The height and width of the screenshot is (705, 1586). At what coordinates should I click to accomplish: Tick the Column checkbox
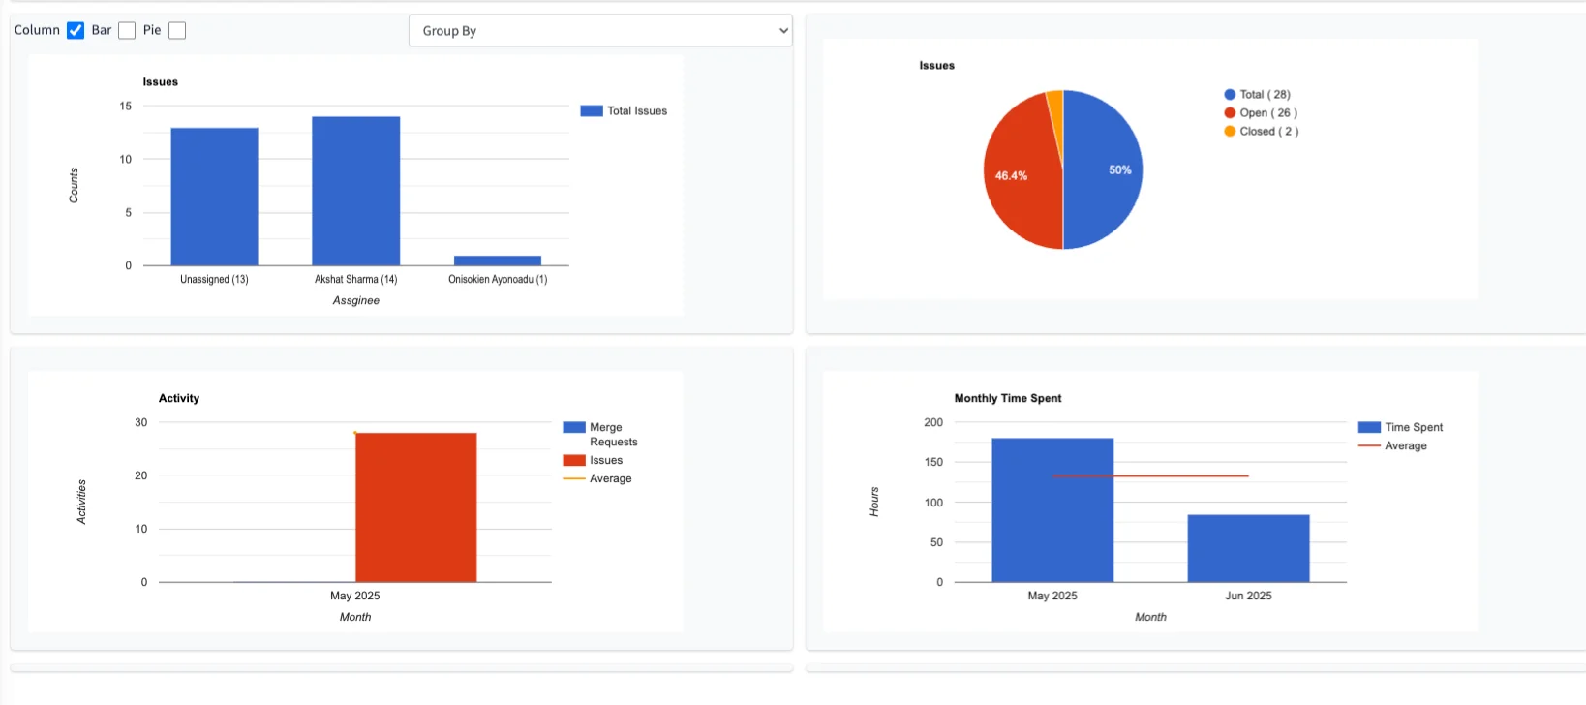pos(76,31)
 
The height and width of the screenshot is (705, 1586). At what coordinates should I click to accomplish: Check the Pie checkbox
pos(177,31)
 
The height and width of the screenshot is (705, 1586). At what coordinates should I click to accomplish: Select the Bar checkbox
pos(127,31)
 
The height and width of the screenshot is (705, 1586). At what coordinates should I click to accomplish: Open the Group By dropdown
pos(600,31)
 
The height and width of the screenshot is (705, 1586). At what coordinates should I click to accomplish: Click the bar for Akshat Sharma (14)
pos(355,191)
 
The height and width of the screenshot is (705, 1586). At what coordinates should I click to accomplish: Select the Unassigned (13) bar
pos(214,197)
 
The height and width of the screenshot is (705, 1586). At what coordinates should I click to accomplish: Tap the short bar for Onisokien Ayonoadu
pos(498,261)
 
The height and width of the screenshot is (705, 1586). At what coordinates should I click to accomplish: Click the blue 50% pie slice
pos(1104,169)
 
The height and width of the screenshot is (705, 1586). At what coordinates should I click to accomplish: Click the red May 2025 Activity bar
pos(415,507)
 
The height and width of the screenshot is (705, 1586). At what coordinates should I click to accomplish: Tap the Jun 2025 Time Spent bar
pos(1248,548)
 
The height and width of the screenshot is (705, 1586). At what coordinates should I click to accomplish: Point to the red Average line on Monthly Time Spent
pos(1150,475)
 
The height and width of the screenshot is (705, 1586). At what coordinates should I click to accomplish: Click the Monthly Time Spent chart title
pos(1007,398)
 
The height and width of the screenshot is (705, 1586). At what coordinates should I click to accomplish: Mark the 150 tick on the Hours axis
pos(933,462)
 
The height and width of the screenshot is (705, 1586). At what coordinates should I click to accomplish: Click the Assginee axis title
pos(355,300)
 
